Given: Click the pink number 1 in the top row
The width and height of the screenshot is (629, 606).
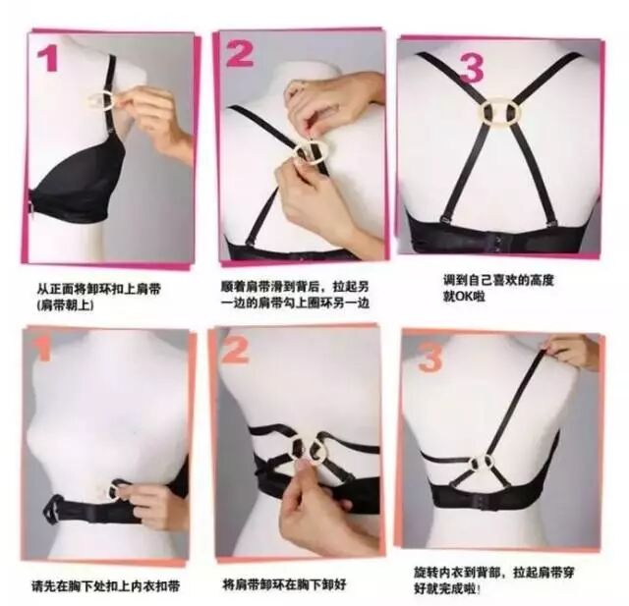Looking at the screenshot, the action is point(48,60).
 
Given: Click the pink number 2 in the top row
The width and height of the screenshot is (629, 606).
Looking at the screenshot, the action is point(240,53).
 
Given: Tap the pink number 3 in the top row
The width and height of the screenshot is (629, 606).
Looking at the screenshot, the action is point(471,68).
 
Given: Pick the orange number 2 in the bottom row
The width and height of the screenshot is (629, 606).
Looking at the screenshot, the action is point(234,348).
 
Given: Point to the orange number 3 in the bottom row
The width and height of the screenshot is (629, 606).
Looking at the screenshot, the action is point(429,357).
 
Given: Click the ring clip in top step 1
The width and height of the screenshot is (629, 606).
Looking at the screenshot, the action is point(101,101).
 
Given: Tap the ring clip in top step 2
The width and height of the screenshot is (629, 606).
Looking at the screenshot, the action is point(312,152).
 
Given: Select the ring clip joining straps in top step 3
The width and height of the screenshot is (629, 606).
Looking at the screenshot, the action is point(498,112).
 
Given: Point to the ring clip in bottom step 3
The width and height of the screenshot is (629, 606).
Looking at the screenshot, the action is point(482,465).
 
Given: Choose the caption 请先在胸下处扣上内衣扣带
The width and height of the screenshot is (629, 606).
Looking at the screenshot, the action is point(105,586).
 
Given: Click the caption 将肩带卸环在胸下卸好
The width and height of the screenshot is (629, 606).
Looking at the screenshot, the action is point(284,584).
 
